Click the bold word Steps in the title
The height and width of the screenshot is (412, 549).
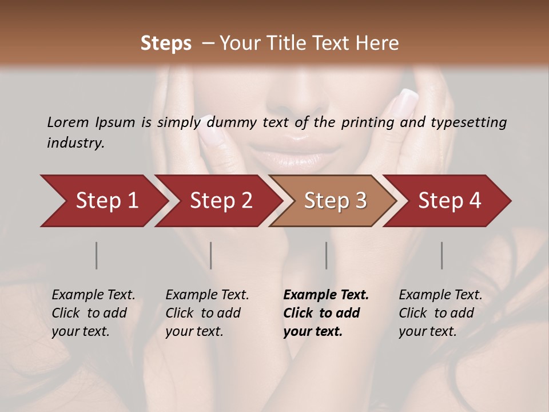[x=166, y=43]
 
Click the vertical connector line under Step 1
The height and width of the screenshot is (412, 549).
[x=97, y=255]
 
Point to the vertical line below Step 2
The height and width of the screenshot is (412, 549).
[x=211, y=255]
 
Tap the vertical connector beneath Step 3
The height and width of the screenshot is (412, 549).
[x=326, y=255]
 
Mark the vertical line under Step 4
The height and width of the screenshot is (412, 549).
[x=441, y=255]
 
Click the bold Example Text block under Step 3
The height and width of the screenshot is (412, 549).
[x=326, y=313]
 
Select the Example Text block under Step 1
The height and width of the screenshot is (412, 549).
[x=93, y=313]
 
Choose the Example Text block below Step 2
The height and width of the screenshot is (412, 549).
[x=207, y=313]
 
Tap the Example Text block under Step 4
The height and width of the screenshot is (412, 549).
[x=440, y=313]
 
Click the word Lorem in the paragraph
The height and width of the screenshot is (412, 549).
[x=68, y=122]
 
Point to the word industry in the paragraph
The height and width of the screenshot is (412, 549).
[x=75, y=143]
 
